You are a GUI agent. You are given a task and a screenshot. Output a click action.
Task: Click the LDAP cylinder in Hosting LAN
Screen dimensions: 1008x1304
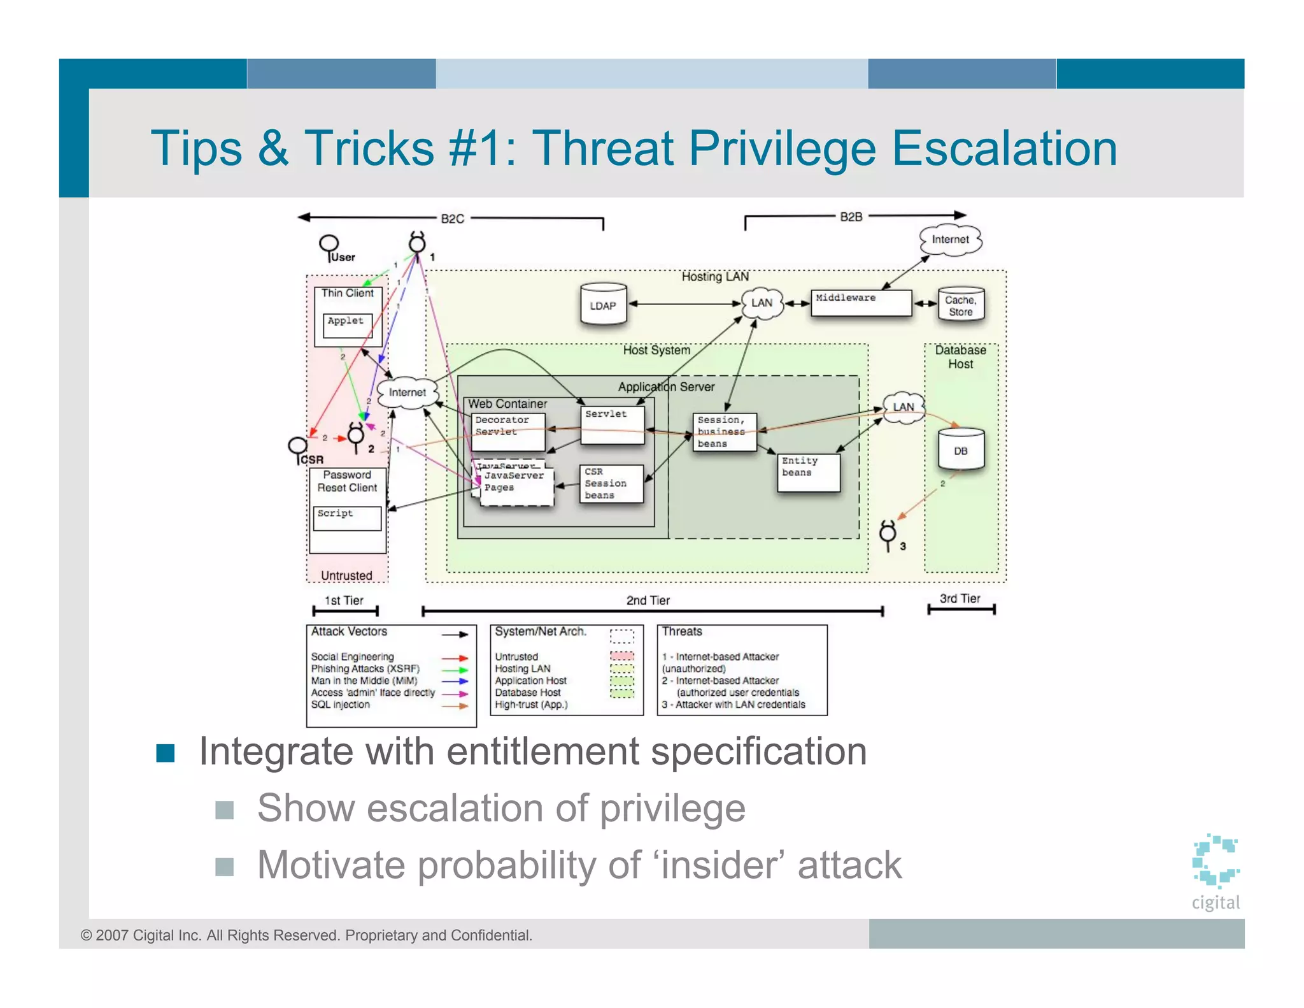(x=603, y=305)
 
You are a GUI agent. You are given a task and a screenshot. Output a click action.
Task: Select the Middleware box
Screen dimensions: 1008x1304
(x=860, y=303)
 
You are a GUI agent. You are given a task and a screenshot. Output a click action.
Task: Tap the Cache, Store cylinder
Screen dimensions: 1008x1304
(x=960, y=305)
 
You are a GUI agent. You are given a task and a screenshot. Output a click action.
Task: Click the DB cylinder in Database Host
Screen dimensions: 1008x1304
(x=960, y=449)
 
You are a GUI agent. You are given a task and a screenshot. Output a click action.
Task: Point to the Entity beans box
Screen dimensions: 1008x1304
(x=807, y=472)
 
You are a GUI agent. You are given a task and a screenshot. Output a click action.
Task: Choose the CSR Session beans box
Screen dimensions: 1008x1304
(x=611, y=484)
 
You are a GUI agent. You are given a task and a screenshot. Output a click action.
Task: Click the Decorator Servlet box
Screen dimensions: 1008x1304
(x=507, y=431)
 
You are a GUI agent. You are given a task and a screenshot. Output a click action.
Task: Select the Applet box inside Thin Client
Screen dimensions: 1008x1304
(x=347, y=325)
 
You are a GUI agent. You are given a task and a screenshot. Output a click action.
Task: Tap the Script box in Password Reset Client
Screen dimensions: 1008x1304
(x=347, y=518)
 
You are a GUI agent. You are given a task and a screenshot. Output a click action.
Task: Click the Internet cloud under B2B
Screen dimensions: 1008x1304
(x=950, y=240)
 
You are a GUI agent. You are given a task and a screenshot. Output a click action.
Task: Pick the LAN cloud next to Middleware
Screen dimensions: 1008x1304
(x=762, y=303)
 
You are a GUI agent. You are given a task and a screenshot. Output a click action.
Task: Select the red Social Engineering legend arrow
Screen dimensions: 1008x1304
(x=455, y=658)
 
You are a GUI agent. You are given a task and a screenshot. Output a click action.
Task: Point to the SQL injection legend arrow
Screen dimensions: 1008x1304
(x=455, y=705)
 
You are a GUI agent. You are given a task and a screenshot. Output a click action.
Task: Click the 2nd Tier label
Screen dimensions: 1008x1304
(x=648, y=600)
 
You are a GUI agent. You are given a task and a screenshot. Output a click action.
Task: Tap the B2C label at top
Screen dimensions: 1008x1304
(x=452, y=219)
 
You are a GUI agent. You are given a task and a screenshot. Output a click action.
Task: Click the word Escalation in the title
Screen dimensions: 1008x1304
(x=1004, y=148)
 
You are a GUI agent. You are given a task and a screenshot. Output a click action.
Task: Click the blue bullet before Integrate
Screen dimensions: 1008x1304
(x=166, y=752)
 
